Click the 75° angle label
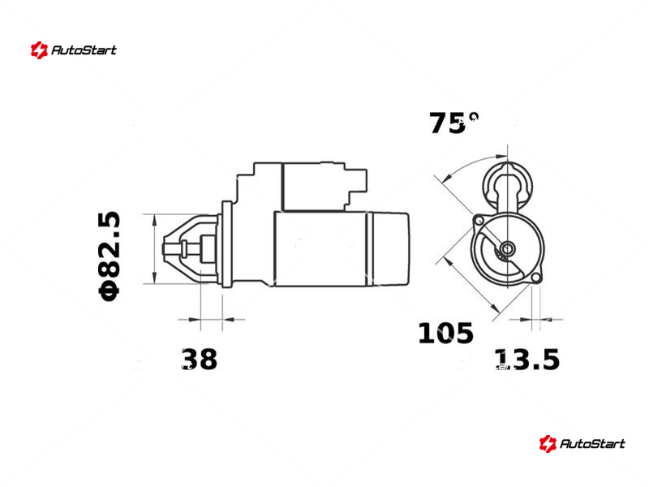pos(453,123)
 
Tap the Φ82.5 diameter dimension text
pos(110,256)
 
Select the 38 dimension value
pos(199,359)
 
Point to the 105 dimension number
pos(445,333)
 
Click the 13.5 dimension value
pos(527,359)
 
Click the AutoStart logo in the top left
pos(74,50)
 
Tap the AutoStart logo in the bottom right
pos(582,443)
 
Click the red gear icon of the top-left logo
pos(39,50)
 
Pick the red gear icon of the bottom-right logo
pos(547,443)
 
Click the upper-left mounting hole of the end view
pos(479,219)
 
